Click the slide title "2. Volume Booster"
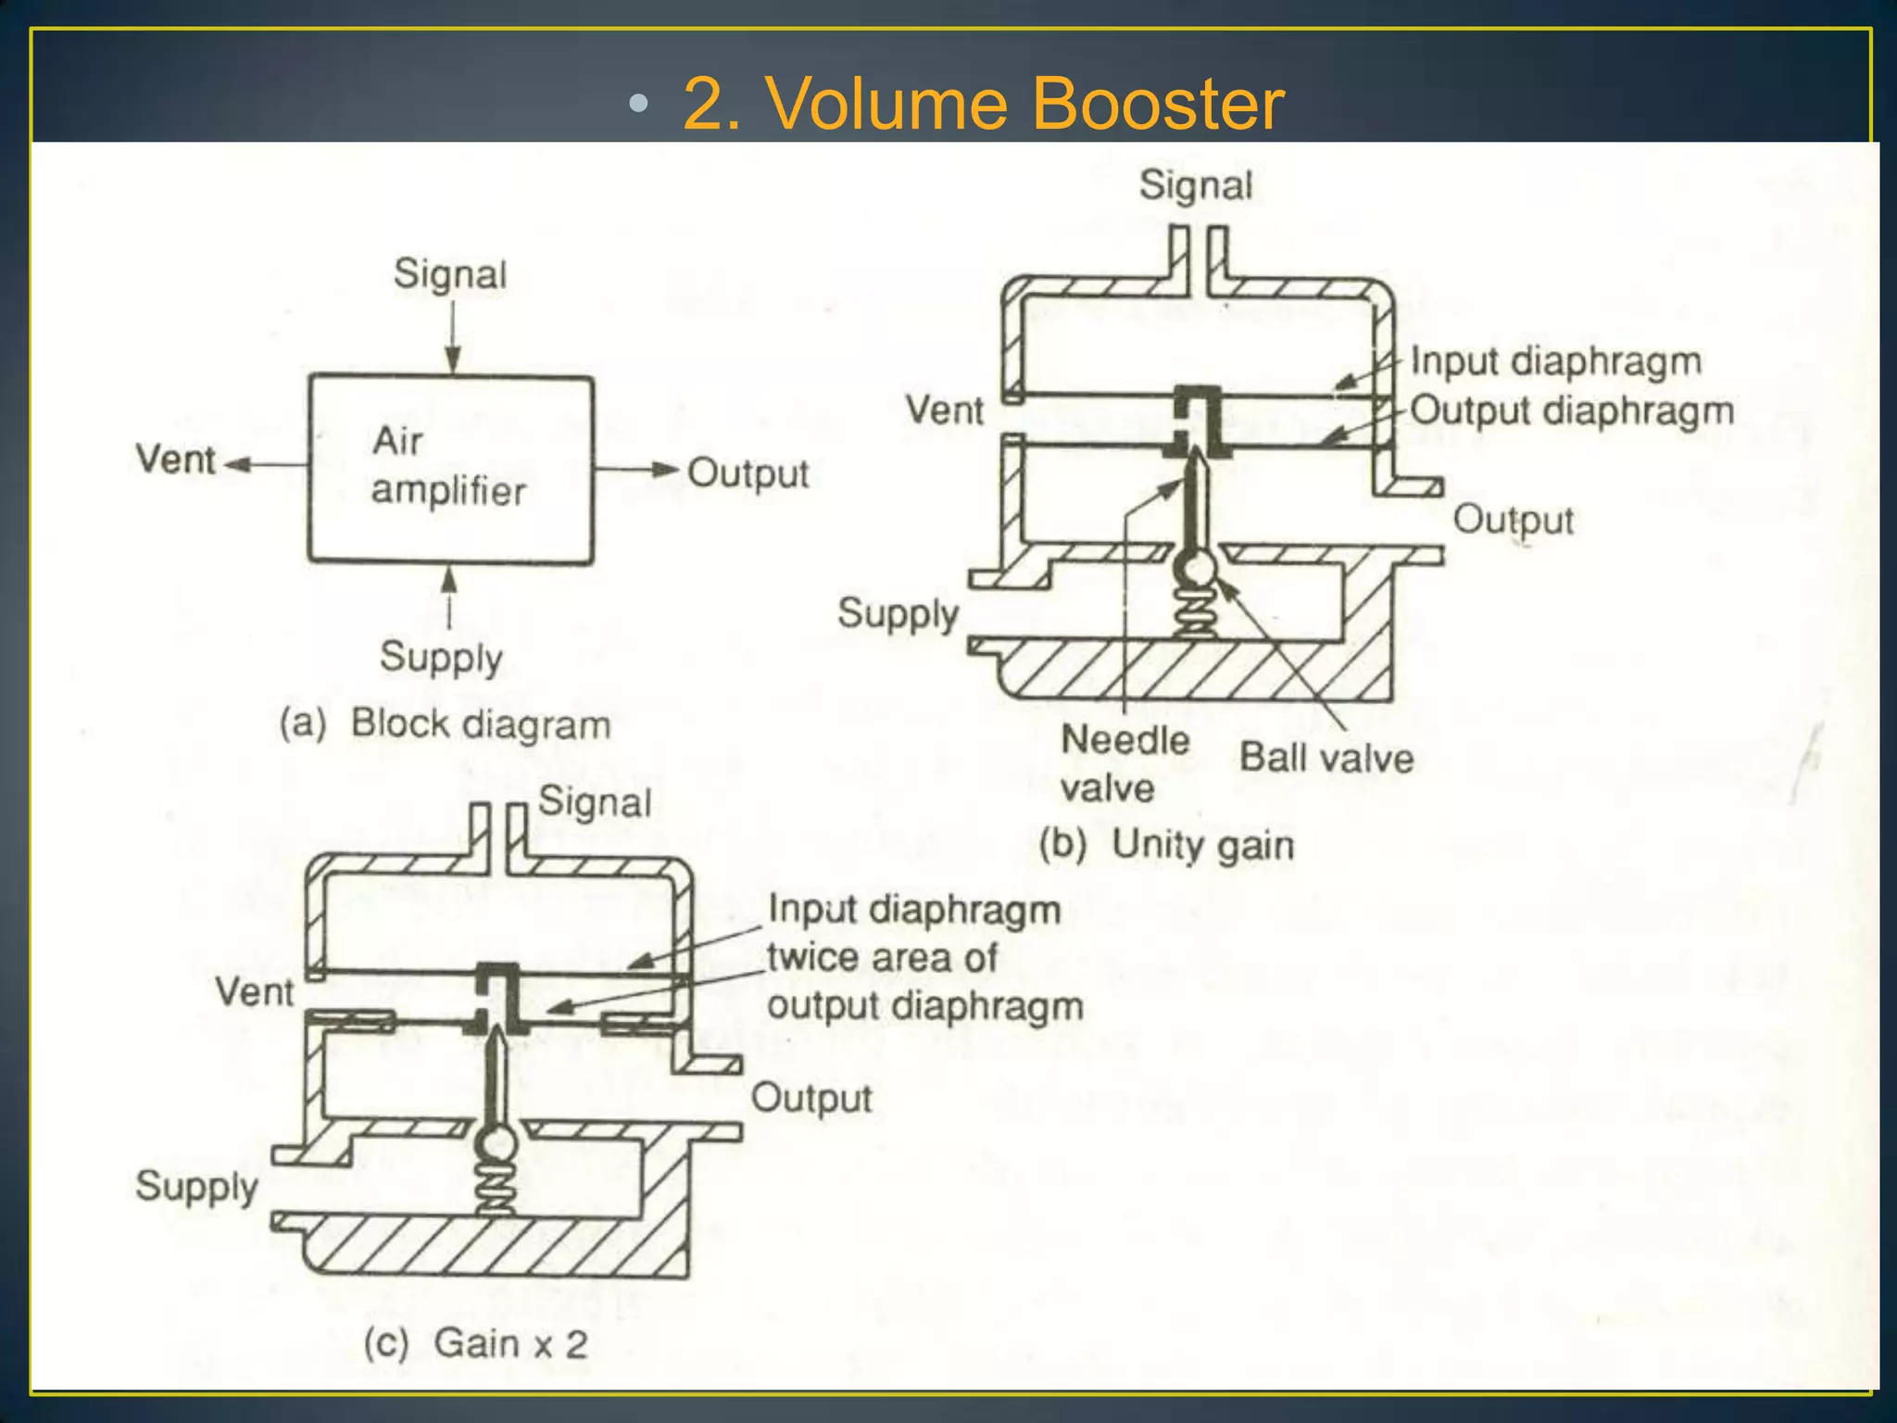coord(982,103)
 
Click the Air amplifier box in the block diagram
coord(450,468)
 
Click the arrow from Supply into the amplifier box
coord(449,598)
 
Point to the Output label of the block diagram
coord(747,473)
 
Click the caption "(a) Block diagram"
coord(446,724)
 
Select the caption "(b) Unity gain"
coord(1165,845)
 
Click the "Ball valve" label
coord(1325,758)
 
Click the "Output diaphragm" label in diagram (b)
coord(1571,410)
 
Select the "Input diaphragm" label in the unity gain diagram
coord(1555,361)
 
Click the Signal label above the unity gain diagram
coord(1195,185)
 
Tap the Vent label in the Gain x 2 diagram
coord(254,992)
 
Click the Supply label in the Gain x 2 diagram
coord(196,1187)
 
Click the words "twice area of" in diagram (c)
coord(882,958)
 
